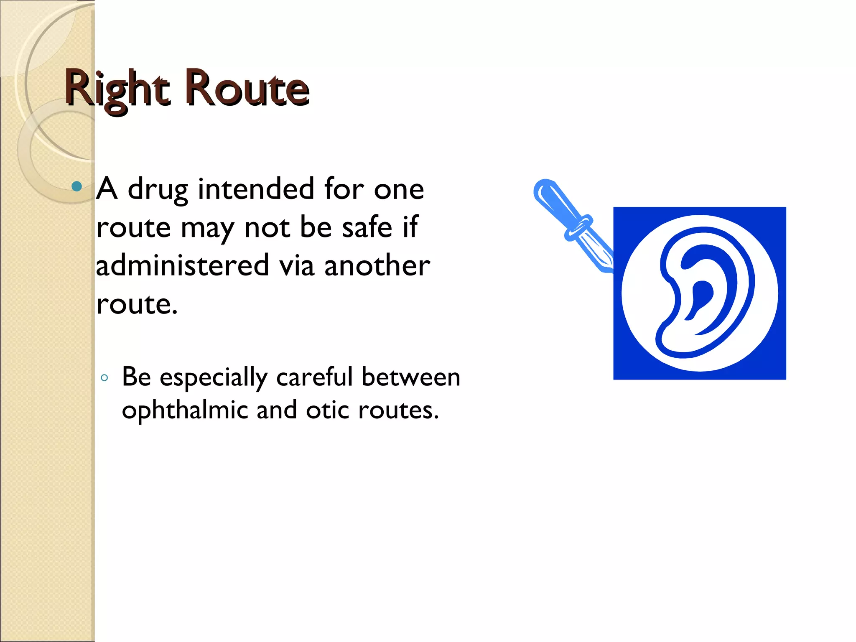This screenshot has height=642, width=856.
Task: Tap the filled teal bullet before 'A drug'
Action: (76, 186)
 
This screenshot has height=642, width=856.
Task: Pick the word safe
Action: (367, 228)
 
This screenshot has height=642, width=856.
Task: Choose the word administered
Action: (182, 265)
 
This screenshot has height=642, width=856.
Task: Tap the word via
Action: (296, 265)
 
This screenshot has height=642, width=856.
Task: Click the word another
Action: (377, 266)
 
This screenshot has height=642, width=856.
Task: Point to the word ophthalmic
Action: (185, 411)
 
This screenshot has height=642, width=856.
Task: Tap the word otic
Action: (327, 411)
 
